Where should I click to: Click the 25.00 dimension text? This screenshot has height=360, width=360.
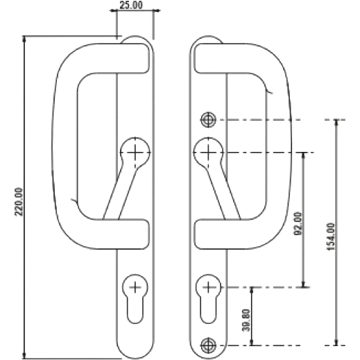click(x=131, y=5)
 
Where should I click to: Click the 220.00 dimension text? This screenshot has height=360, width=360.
click(x=19, y=202)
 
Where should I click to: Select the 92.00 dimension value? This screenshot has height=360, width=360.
click(x=298, y=223)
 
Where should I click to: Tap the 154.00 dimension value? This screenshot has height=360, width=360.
click(x=330, y=237)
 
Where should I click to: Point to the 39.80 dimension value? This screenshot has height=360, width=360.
click(x=246, y=320)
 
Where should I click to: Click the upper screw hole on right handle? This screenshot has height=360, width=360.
click(x=208, y=120)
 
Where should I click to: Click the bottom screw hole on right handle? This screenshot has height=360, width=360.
click(x=208, y=345)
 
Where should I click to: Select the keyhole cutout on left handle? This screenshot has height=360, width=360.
click(x=135, y=299)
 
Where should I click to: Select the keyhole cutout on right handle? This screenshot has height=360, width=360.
click(x=208, y=299)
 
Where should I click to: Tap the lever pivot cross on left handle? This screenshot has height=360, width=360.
click(x=135, y=153)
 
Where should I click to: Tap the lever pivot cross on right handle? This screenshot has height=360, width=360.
click(x=208, y=153)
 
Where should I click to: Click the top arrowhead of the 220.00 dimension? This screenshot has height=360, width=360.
click(x=24, y=40)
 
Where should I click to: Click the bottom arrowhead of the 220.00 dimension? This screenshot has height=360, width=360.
click(x=24, y=355)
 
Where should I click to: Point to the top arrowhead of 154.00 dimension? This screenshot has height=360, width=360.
click(x=336, y=123)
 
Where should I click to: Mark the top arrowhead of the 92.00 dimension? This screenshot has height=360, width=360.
click(x=304, y=156)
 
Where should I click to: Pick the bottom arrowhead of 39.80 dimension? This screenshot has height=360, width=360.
click(x=252, y=342)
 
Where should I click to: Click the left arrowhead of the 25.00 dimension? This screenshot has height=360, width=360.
click(x=113, y=10)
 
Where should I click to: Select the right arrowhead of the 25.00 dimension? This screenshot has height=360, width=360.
click(x=157, y=10)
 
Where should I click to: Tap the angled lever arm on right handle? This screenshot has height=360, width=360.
click(x=223, y=192)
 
